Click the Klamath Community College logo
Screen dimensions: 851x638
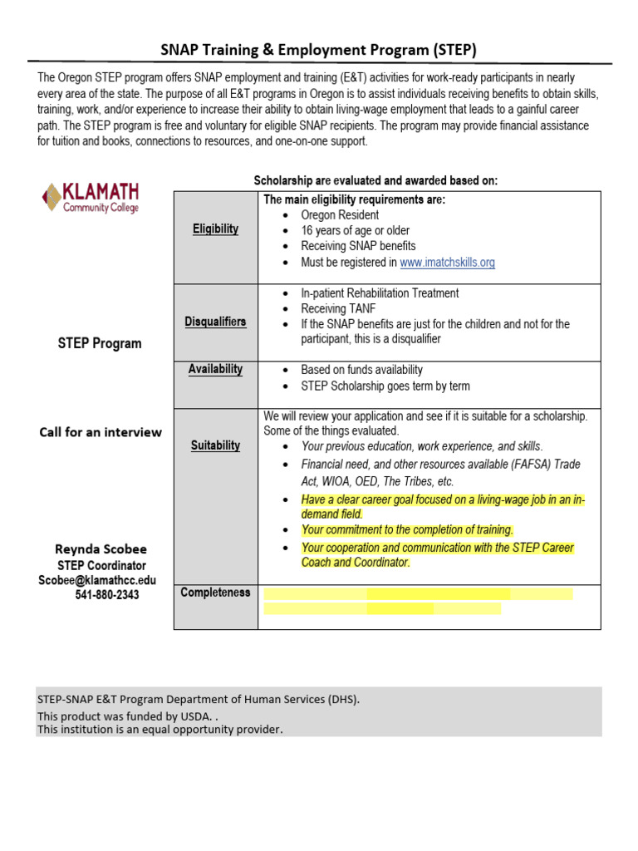point(91,198)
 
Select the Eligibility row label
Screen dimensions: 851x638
point(215,229)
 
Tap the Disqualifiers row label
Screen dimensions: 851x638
point(215,322)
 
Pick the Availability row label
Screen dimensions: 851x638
point(215,369)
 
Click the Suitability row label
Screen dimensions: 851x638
point(215,445)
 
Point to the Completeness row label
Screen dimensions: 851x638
point(215,593)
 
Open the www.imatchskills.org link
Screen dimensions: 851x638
point(447,262)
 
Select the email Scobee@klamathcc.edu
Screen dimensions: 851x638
point(96,580)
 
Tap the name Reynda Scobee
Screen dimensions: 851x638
point(101,549)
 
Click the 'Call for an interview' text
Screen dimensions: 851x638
point(101,432)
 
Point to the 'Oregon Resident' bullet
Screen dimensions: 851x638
point(340,215)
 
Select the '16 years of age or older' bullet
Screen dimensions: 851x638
point(355,230)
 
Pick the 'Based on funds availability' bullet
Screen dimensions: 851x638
point(361,370)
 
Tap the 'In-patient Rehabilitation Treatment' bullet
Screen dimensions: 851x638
point(380,293)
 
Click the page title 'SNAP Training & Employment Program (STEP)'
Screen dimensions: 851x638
point(318,50)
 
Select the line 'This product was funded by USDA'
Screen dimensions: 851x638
point(127,716)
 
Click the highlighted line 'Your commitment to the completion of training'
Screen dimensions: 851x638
point(407,529)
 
